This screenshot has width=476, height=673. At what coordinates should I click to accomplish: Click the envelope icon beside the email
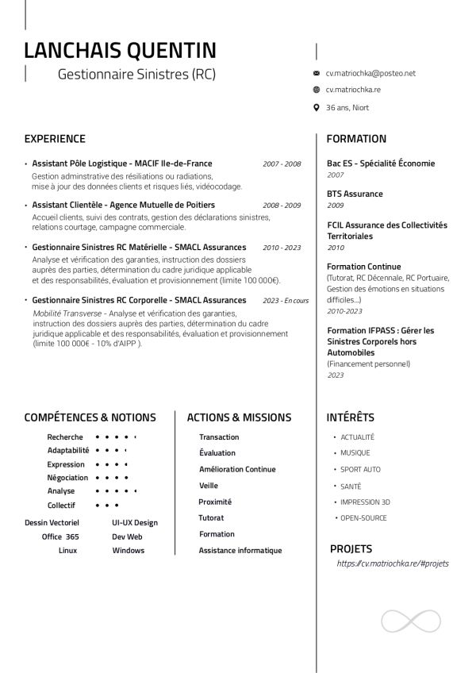317,73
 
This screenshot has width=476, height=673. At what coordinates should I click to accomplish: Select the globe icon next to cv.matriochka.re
317,90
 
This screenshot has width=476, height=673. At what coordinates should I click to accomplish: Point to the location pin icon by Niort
317,108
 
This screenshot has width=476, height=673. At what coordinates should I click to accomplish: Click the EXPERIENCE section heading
55,139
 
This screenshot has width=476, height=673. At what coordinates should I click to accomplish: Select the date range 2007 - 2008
282,164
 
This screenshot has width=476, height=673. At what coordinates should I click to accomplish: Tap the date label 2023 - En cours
285,301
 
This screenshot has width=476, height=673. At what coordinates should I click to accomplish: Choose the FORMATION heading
356,139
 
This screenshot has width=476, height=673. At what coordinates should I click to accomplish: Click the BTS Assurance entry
355,194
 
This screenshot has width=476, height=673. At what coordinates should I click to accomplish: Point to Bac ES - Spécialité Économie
381,163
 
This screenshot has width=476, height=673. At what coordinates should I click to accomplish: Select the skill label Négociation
67,478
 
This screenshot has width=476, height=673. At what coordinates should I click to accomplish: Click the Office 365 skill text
60,536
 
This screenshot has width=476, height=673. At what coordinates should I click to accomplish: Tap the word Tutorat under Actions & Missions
211,517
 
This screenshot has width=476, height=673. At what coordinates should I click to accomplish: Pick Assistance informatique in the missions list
240,550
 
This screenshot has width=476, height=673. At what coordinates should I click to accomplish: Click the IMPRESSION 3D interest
365,502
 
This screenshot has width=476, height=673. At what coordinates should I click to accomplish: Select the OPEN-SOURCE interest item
363,517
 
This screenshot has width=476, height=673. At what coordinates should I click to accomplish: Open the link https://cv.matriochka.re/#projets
393,563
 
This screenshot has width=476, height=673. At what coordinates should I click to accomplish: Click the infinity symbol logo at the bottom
411,621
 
